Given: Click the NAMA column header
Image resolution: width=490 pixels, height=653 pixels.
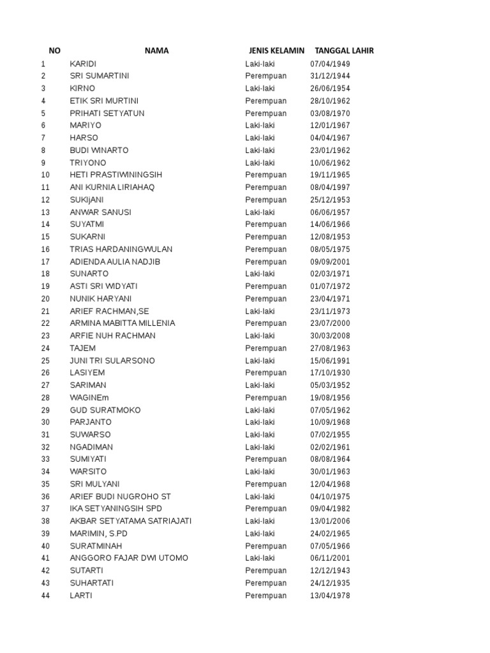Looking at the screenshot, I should [x=156, y=51].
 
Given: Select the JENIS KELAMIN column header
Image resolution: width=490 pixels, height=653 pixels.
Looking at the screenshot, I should [x=277, y=51].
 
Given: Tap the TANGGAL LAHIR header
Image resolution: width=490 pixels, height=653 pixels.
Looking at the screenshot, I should [x=345, y=51].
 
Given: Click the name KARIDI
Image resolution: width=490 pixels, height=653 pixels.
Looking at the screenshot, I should [x=83, y=64].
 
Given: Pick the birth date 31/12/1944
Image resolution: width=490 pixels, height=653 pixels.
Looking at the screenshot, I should [x=330, y=76].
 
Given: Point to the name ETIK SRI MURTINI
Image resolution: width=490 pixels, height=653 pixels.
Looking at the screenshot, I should [x=104, y=101].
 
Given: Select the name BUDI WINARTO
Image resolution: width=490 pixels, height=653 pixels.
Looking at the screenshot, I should [x=99, y=150].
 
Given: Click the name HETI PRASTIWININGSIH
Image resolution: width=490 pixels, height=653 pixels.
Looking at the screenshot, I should [x=116, y=175].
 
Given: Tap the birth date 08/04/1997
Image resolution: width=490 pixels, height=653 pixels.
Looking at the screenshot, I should [x=330, y=187].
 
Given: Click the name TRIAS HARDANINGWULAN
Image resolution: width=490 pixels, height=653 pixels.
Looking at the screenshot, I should [x=121, y=249].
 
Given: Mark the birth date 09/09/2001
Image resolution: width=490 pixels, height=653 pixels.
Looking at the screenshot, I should [x=330, y=261].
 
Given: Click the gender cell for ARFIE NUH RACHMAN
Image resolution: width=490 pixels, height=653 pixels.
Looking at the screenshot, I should [x=260, y=336].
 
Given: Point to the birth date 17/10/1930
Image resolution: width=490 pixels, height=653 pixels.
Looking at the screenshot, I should [x=330, y=373].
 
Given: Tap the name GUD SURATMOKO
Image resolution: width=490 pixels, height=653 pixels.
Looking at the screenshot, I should [x=105, y=410].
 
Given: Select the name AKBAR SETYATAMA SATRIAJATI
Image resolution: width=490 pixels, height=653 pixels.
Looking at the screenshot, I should [x=131, y=521].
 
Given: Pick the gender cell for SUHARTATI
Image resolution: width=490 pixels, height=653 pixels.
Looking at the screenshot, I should [x=266, y=583].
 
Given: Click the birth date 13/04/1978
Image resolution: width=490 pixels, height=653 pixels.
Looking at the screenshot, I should [x=330, y=596].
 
